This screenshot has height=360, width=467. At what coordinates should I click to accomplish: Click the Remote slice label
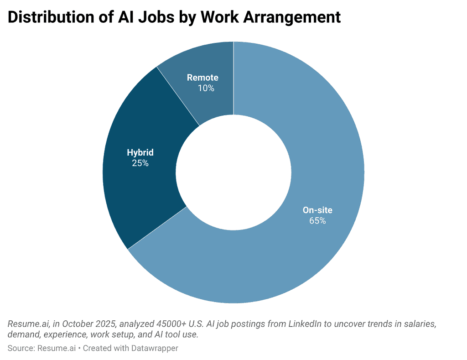click(x=202, y=78)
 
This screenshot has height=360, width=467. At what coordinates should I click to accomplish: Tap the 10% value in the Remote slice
click(x=206, y=88)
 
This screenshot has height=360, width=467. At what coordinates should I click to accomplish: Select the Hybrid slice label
click(x=140, y=152)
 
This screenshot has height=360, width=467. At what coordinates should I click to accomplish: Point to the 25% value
click(x=140, y=163)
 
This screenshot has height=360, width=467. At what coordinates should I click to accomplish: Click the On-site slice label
click(x=317, y=210)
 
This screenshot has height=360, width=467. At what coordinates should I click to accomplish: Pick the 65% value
click(x=317, y=221)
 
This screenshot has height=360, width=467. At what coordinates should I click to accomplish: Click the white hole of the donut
click(x=233, y=172)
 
